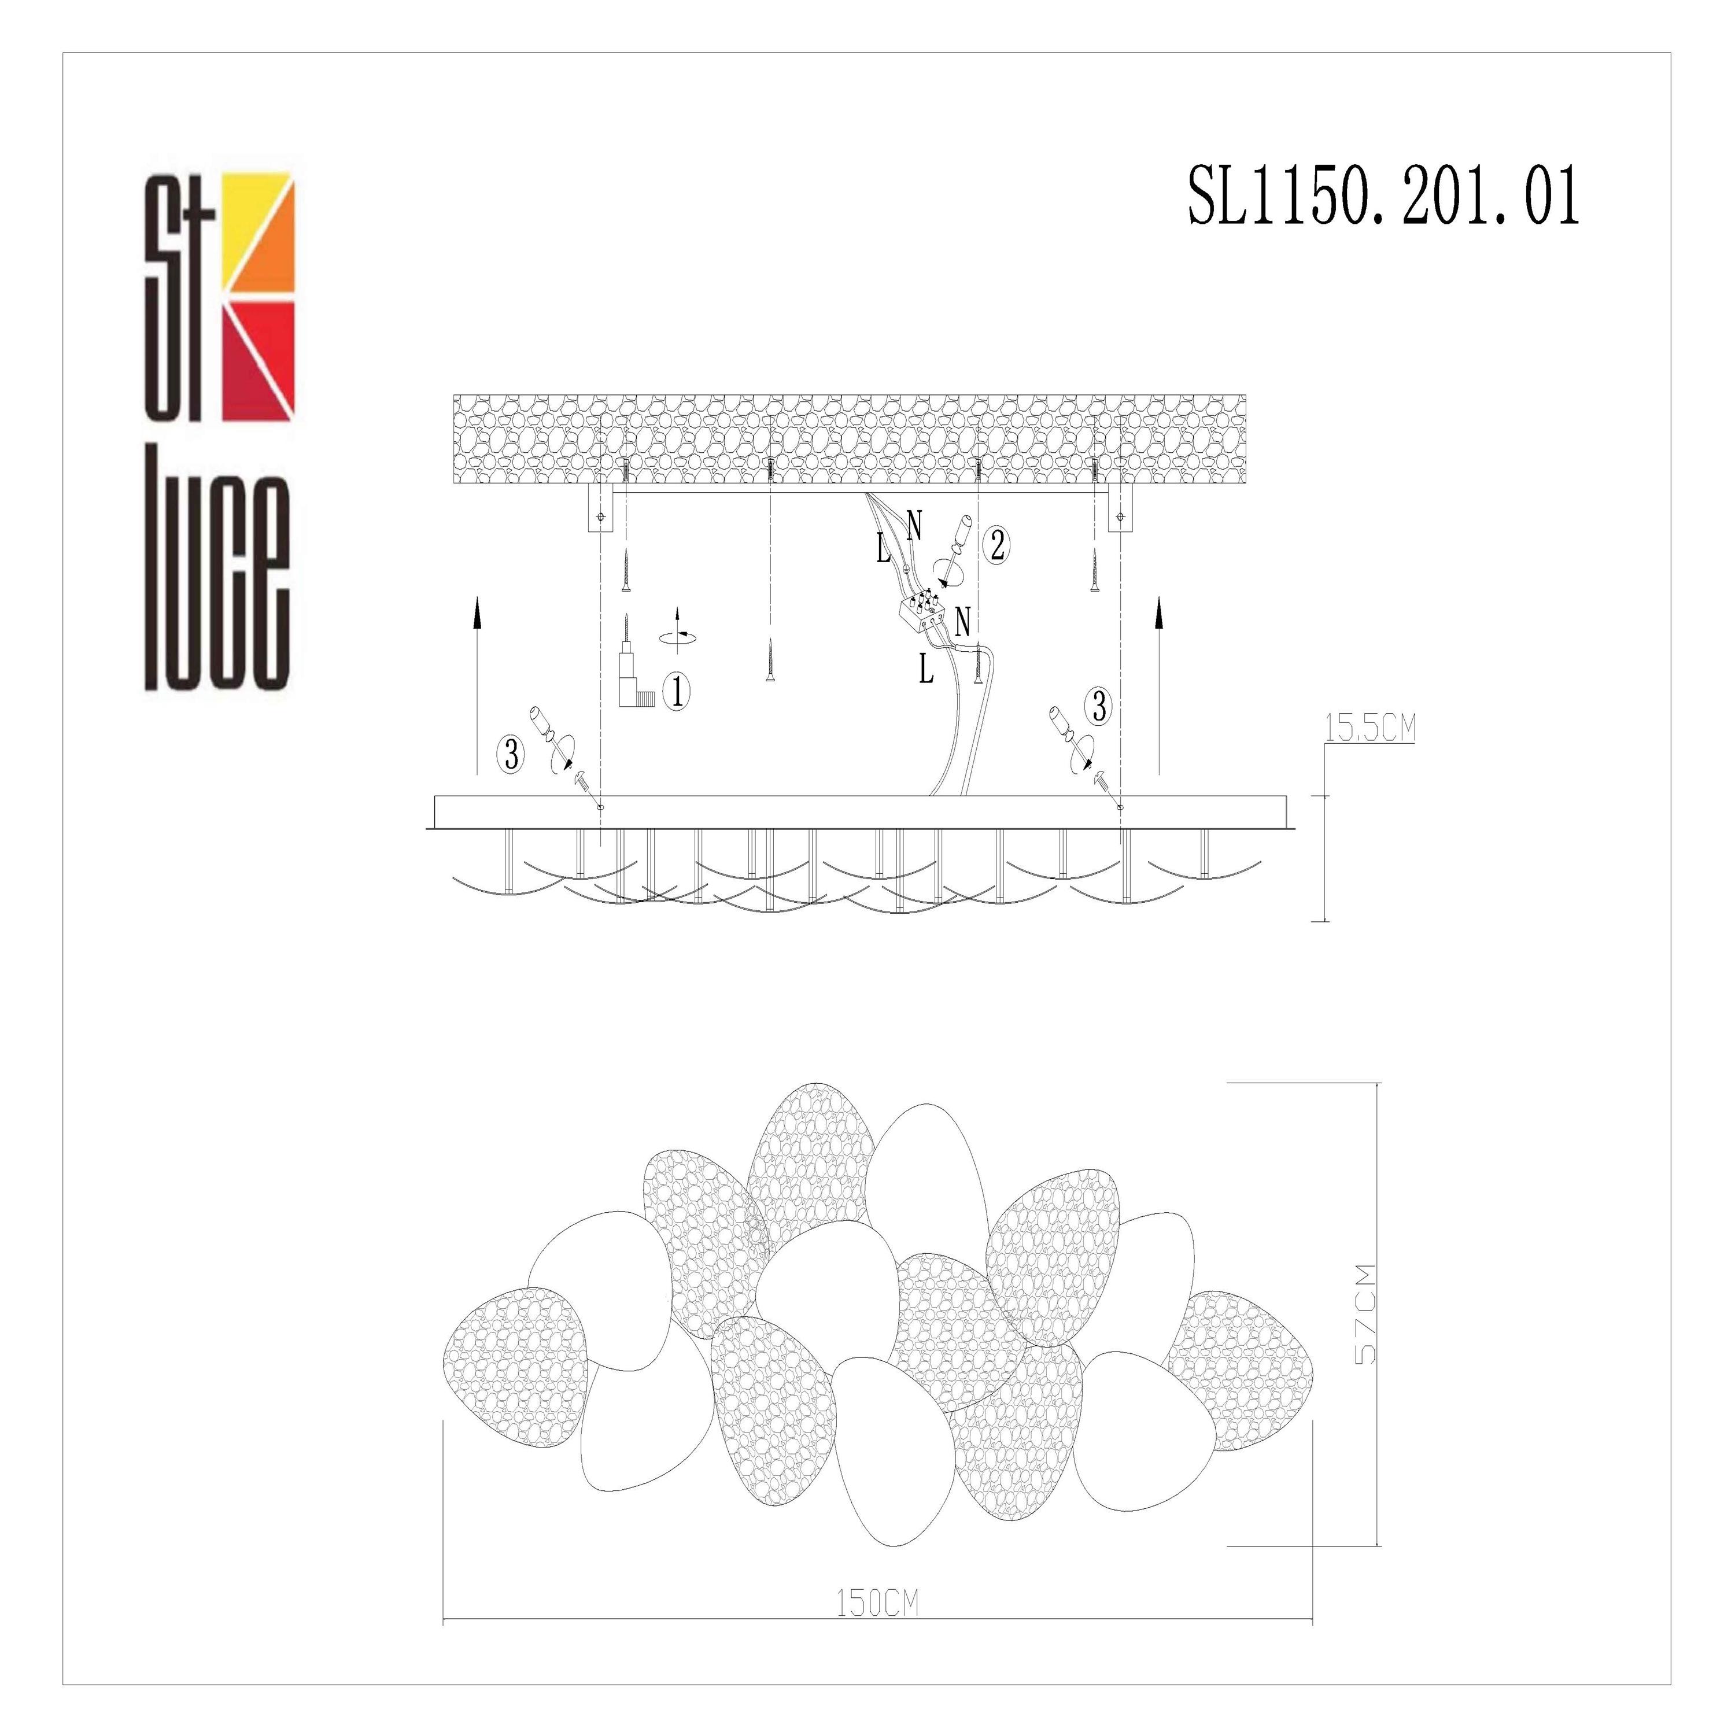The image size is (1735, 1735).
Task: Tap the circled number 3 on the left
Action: tap(512, 754)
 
